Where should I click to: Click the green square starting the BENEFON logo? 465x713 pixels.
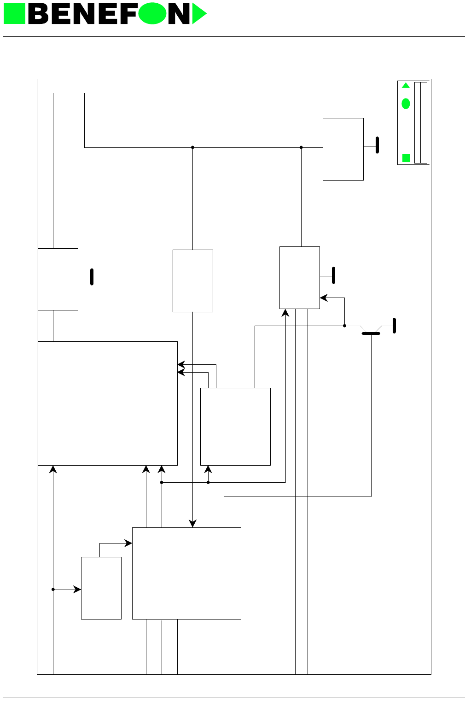coord(14,14)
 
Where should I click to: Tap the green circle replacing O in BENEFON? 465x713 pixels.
coord(152,14)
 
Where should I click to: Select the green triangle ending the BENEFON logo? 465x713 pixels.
coord(198,14)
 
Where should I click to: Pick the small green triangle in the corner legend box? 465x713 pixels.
coord(406,86)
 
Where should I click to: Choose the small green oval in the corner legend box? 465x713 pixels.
coord(406,104)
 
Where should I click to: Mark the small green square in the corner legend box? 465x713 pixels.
coord(406,158)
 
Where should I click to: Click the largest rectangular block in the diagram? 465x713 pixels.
coord(108,403)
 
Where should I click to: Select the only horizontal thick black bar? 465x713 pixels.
coord(371,333)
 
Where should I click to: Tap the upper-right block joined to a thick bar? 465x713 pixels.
coord(343,149)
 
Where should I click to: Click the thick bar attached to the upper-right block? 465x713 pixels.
coord(377,145)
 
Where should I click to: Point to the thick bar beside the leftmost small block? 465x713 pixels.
coord(92,277)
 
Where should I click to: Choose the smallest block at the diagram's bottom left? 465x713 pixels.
coord(101,588)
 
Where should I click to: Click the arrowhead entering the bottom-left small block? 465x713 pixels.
coord(78,590)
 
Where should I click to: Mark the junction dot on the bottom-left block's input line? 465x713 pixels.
coord(53,590)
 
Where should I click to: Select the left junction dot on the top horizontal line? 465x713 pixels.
coord(192,147)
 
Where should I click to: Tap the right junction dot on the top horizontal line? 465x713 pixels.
coord(301,147)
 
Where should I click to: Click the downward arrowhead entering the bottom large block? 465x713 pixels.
coord(192,524)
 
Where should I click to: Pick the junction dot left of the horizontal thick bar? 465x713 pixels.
coord(344,326)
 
